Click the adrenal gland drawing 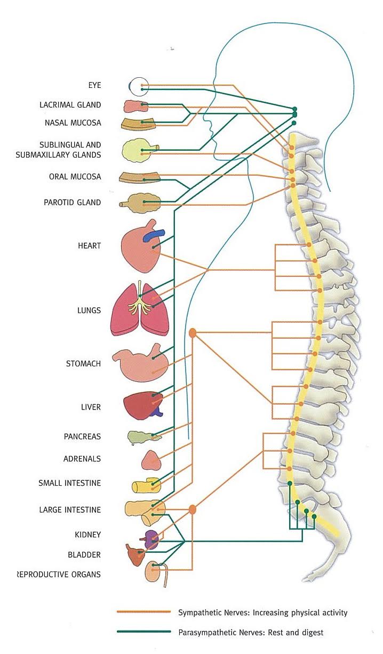151,460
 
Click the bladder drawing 134,555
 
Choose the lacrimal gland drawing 135,105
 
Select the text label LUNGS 89,310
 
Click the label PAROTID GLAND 72,202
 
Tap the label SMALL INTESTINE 69,483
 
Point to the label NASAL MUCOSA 73,123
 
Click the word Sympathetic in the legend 198,612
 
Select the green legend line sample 143,632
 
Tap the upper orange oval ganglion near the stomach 193,333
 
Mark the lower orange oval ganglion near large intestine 193,510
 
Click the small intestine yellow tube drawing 146,486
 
